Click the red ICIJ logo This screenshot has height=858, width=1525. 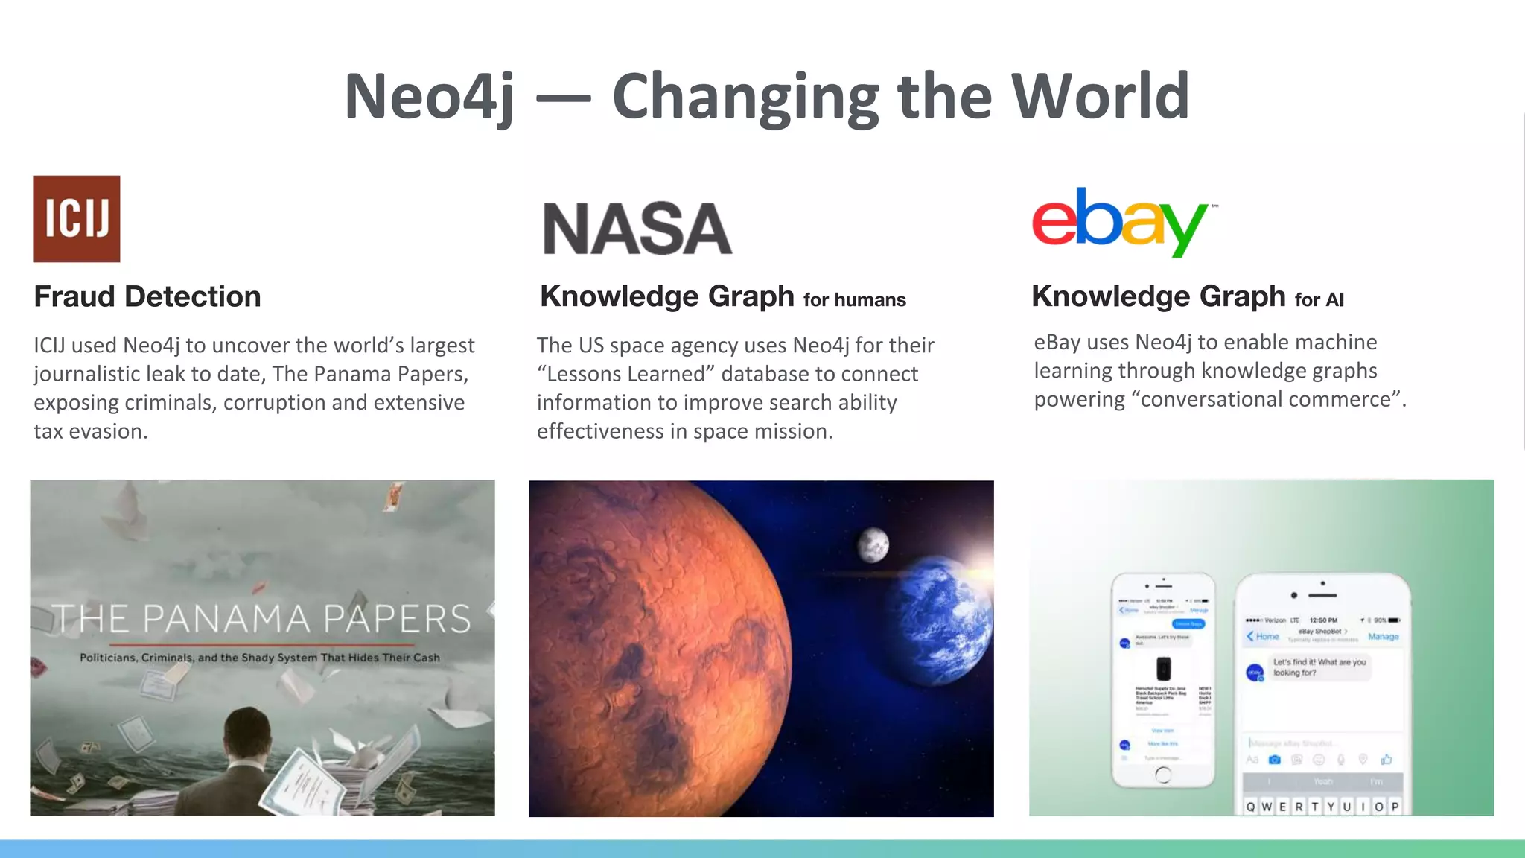(x=76, y=218)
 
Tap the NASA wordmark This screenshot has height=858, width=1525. (x=637, y=229)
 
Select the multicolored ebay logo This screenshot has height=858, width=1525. (x=1121, y=221)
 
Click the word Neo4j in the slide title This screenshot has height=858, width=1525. (x=429, y=97)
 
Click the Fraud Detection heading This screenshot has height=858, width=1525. (x=147, y=296)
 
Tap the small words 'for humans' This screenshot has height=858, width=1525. (x=854, y=300)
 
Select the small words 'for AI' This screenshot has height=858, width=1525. (x=1319, y=300)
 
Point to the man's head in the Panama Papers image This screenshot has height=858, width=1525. (x=247, y=734)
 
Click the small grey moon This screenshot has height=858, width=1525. (x=873, y=544)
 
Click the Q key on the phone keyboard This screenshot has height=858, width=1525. (x=1250, y=807)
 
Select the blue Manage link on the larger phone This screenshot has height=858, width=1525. (x=1383, y=637)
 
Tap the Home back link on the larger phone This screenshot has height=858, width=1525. (x=1263, y=636)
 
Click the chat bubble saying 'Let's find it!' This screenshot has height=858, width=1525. (x=1319, y=667)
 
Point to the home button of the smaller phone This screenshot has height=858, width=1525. (x=1162, y=775)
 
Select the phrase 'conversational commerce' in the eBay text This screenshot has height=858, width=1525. (x=1265, y=400)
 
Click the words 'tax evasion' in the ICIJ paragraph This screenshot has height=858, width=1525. (x=90, y=431)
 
